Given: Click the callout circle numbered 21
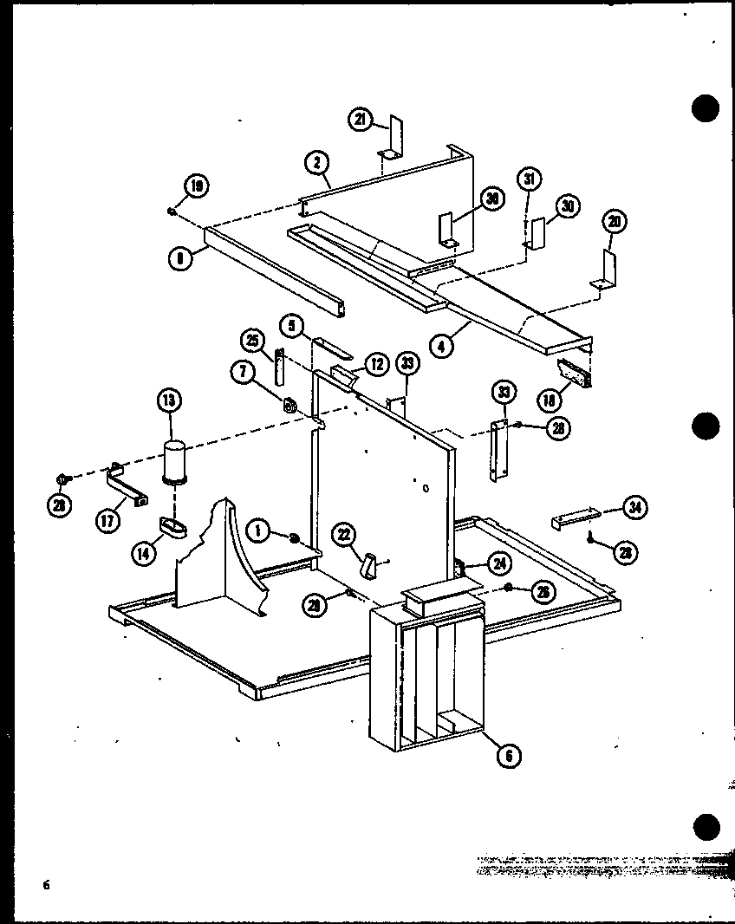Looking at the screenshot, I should point(361,120).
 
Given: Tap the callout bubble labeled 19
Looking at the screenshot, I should point(195,185).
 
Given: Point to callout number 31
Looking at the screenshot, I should point(529,180).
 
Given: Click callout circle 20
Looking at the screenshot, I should point(614,222).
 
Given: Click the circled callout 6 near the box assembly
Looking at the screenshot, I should point(509,755).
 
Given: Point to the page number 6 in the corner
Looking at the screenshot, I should point(42,885).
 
